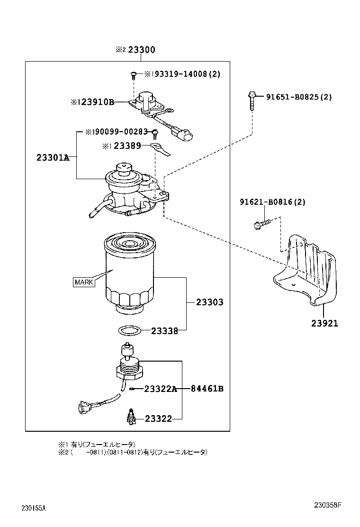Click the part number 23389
click(127, 146)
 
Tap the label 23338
click(164, 331)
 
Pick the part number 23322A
click(161, 389)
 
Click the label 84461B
click(207, 389)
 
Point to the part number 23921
click(324, 323)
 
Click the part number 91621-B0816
click(272, 202)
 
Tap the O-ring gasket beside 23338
click(129, 330)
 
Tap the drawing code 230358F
click(327, 505)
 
